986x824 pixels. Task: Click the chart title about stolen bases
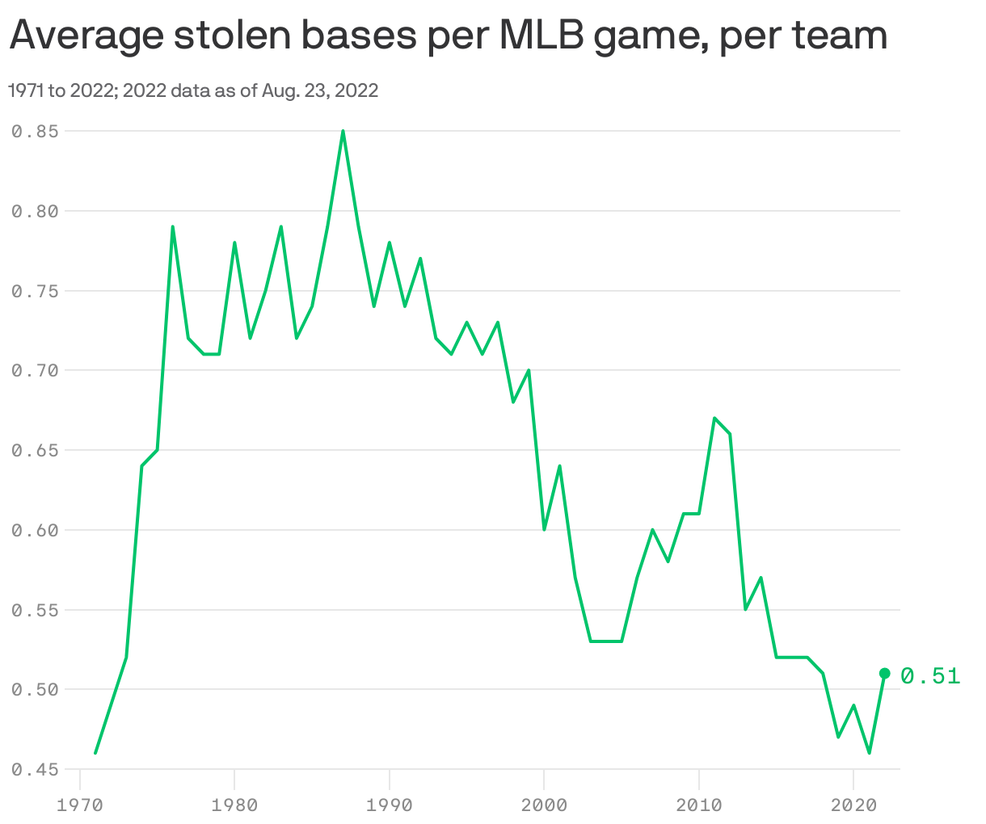pos(449,36)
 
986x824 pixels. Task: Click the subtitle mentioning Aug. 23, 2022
pos(193,90)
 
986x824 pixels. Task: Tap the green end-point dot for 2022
pos(884,673)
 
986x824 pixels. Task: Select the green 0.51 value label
pos(930,675)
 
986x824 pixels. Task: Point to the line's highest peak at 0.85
pos(343,131)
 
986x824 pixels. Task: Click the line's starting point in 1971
pos(95,753)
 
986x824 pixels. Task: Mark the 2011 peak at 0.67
pos(714,418)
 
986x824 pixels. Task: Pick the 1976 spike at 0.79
pos(173,226)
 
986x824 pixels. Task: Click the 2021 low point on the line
pos(869,753)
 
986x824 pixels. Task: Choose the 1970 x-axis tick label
pos(80,805)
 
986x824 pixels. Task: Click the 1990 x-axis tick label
pos(390,805)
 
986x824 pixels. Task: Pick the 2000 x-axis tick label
pos(544,805)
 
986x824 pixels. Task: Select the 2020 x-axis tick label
pos(853,805)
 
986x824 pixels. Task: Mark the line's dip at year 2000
pos(544,529)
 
